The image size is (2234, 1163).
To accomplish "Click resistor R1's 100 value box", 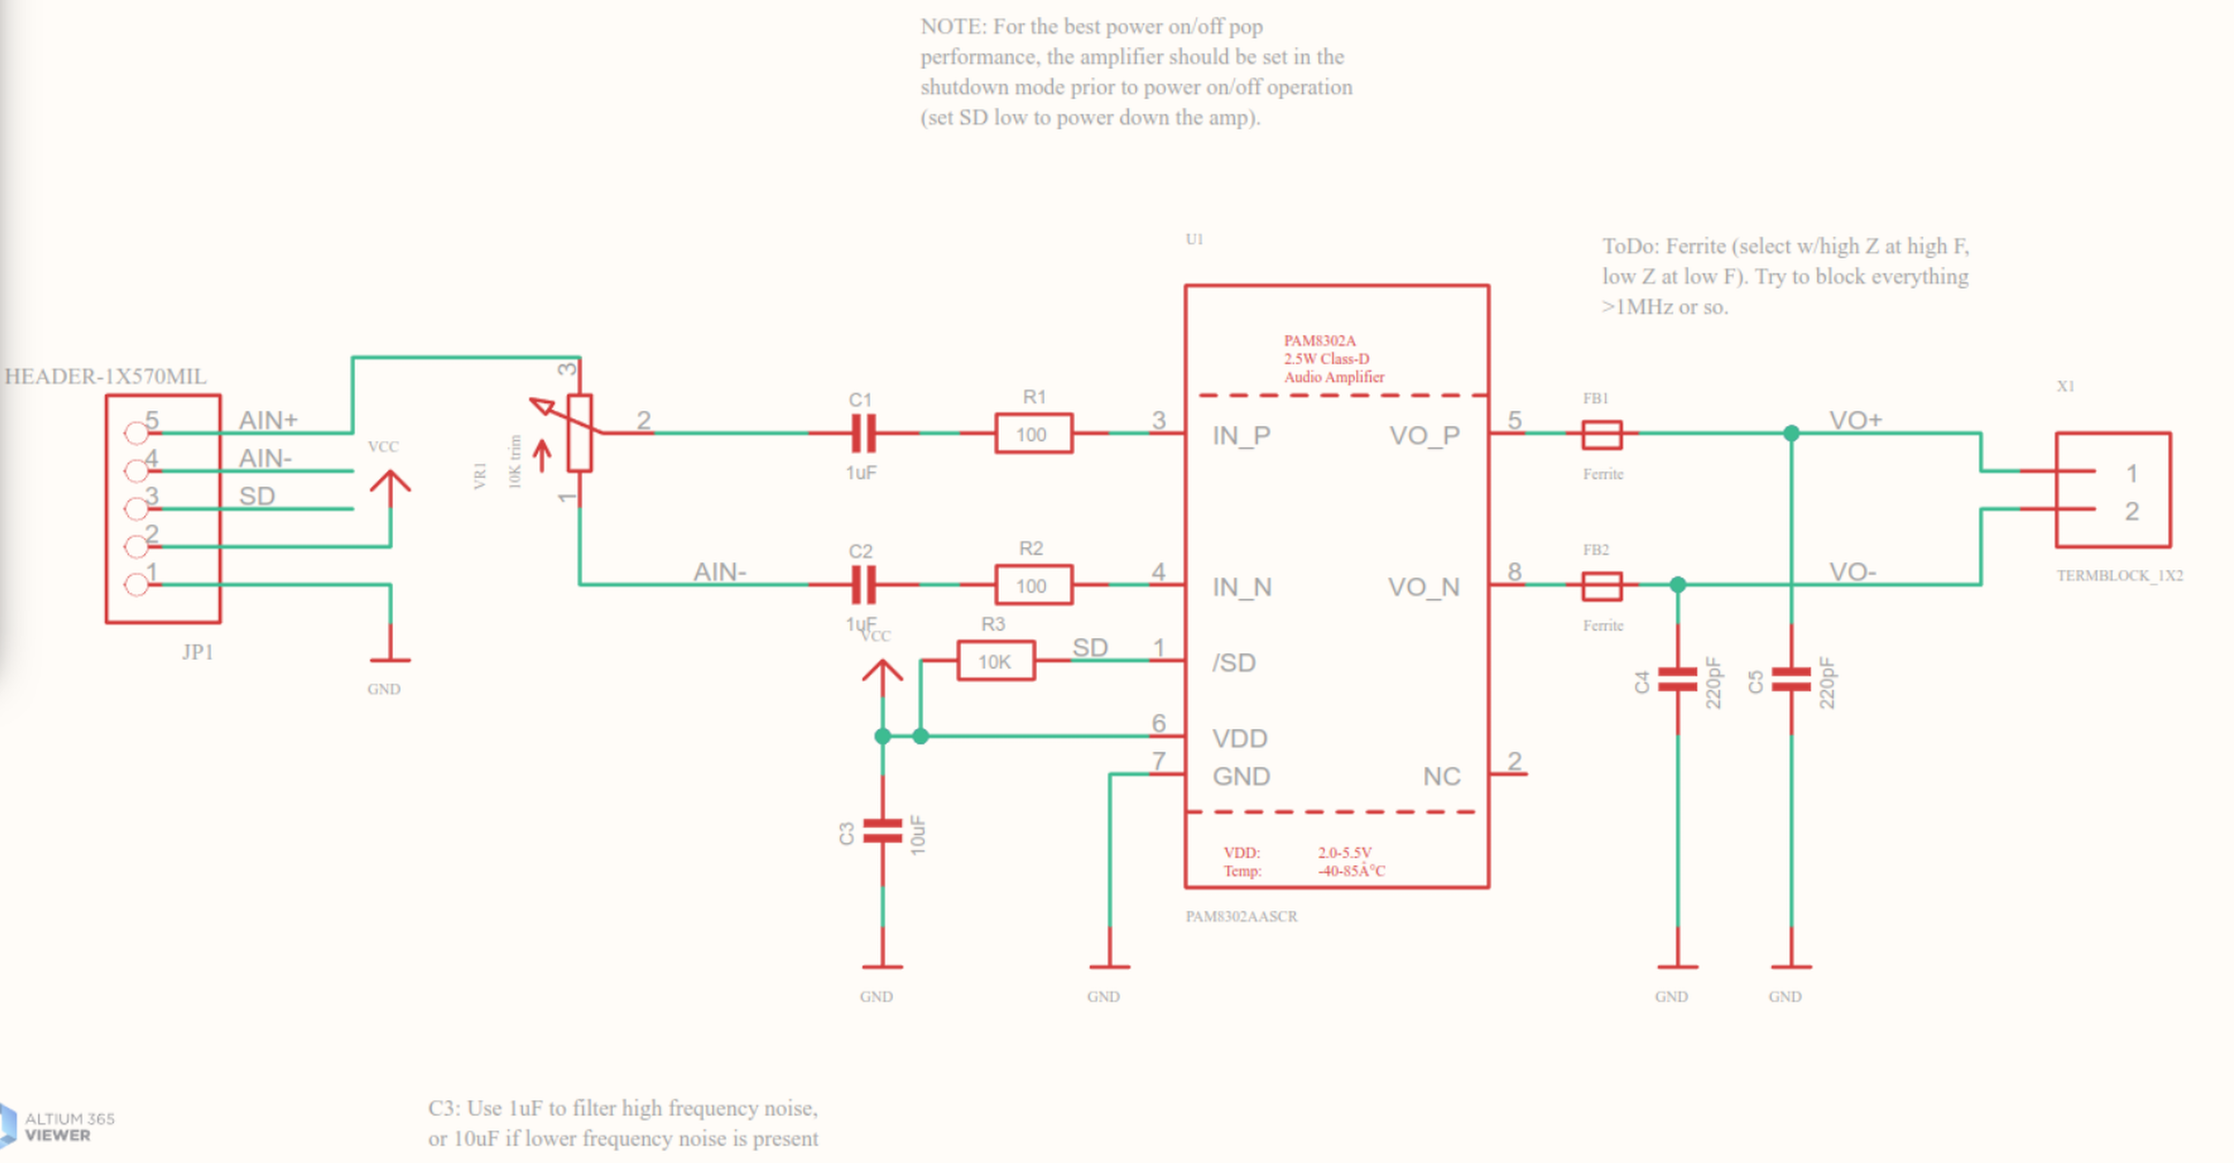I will [x=1033, y=433].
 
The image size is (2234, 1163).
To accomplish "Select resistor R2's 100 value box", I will [x=1033, y=586].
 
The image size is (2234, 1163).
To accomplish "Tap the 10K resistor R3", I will [x=995, y=661].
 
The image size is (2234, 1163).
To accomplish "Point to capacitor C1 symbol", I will [x=863, y=433].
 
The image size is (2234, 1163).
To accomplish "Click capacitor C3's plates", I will [x=882, y=831].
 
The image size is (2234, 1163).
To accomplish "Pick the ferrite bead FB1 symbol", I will [x=1601, y=433].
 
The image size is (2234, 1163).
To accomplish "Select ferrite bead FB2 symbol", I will [x=1601, y=586].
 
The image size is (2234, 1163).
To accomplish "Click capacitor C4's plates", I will [x=1677, y=680].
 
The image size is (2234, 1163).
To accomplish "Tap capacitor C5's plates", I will [x=1791, y=680].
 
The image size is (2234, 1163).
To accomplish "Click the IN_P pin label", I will [x=1241, y=436].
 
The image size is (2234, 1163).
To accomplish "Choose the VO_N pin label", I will [x=1423, y=587].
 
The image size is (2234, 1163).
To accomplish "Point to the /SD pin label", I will [x=1233, y=663].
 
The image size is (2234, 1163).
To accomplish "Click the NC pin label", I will [x=1442, y=776].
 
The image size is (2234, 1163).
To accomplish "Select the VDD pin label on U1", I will [x=1239, y=738].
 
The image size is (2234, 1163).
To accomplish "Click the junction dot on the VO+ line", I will [x=1791, y=433].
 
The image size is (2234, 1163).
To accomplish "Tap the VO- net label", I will [x=1852, y=571].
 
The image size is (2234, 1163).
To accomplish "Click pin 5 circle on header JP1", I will [x=136, y=432].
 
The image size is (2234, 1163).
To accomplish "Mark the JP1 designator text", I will [x=198, y=652].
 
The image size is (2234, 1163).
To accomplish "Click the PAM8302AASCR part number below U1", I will [x=1241, y=917].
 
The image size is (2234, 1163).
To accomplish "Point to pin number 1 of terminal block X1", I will [x=2131, y=474].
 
